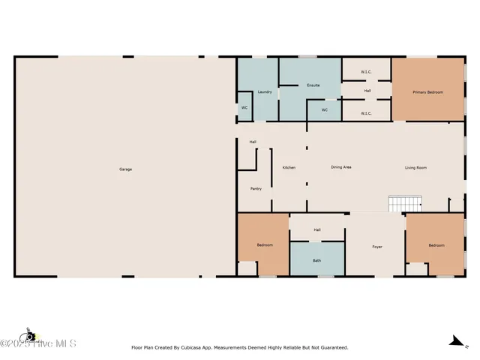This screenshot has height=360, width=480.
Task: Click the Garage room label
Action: pyautogui.click(x=125, y=169)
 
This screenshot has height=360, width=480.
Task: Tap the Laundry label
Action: pyautogui.click(x=264, y=91)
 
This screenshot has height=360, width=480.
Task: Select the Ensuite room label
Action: pyautogui.click(x=313, y=85)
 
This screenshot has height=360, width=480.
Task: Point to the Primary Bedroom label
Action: pyautogui.click(x=427, y=92)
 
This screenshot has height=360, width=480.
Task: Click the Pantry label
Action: pyautogui.click(x=256, y=188)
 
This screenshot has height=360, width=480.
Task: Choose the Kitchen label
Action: pyautogui.click(x=289, y=167)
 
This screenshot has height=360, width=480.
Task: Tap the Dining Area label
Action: pyautogui.click(x=341, y=167)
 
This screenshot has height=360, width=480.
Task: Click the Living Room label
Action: pyautogui.click(x=415, y=167)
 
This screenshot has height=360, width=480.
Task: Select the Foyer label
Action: pyautogui.click(x=376, y=246)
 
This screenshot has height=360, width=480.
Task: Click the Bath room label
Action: pyautogui.click(x=317, y=260)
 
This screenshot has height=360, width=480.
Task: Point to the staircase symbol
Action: pyautogui.click(x=406, y=203)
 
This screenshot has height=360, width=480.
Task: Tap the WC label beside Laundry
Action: pyautogui.click(x=244, y=108)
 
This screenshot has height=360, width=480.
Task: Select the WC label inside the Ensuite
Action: pyautogui.click(x=325, y=109)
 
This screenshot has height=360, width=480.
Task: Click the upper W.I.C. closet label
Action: pyautogui.click(x=366, y=72)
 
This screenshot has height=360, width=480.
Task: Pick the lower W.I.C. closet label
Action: pyautogui.click(x=366, y=113)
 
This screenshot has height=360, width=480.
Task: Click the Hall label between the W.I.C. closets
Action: pyautogui.click(x=367, y=91)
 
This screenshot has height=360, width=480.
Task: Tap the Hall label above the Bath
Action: pyautogui.click(x=317, y=229)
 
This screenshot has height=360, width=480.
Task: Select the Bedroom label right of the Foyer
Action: pyautogui.click(x=436, y=245)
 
